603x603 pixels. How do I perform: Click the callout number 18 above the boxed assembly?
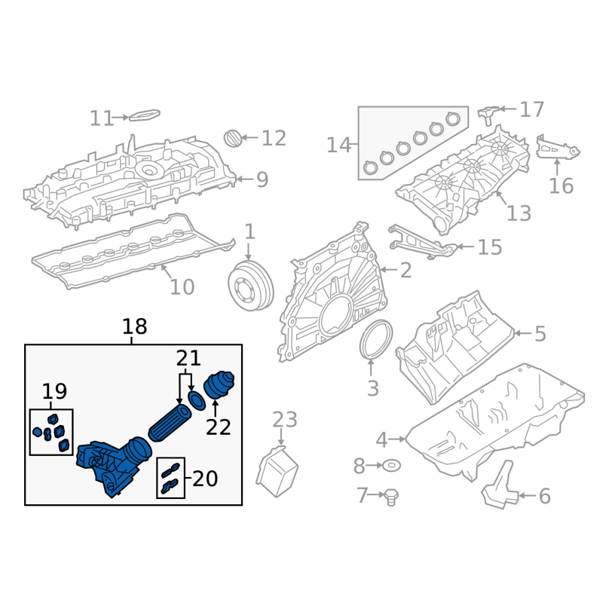[x=135, y=326]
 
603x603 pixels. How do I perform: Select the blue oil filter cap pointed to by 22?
[x=219, y=385]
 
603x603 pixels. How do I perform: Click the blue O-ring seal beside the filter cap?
[x=197, y=401]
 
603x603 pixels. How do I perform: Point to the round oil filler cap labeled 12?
[x=233, y=138]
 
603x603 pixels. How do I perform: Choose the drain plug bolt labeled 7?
[x=390, y=497]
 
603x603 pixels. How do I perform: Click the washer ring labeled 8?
[x=391, y=466]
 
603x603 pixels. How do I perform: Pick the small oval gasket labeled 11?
[x=145, y=115]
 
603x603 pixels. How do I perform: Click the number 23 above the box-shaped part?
[x=285, y=420]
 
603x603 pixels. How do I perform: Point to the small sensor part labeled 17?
[x=488, y=115]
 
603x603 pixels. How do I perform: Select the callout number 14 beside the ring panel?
[x=338, y=145]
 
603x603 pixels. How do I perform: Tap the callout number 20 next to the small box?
[x=205, y=479]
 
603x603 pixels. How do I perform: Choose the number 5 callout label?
[x=540, y=334]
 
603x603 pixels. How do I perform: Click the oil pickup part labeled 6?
[x=499, y=485]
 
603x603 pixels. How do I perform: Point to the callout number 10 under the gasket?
[x=182, y=287]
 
